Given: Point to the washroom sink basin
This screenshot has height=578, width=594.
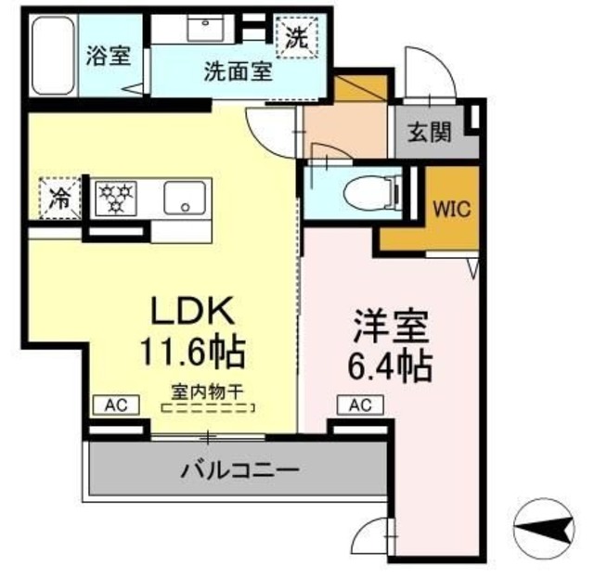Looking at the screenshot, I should click(x=202, y=28).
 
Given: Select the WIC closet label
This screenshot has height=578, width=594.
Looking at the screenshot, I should click(x=451, y=208).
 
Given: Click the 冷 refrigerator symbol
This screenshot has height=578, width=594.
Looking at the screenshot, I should click(x=58, y=198).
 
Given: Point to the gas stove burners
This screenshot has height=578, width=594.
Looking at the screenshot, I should click(x=118, y=198).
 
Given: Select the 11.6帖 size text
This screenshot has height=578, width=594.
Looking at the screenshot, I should click(x=192, y=352).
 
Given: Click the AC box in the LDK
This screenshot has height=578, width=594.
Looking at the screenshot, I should click(x=115, y=404).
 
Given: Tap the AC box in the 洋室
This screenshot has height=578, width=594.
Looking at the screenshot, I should click(x=360, y=404).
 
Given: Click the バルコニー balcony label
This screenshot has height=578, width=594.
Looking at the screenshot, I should click(x=239, y=470).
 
